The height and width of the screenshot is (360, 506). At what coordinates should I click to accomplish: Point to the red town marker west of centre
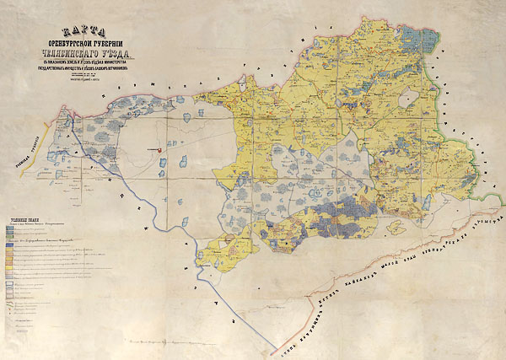pyautogui.click(x=159, y=150)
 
